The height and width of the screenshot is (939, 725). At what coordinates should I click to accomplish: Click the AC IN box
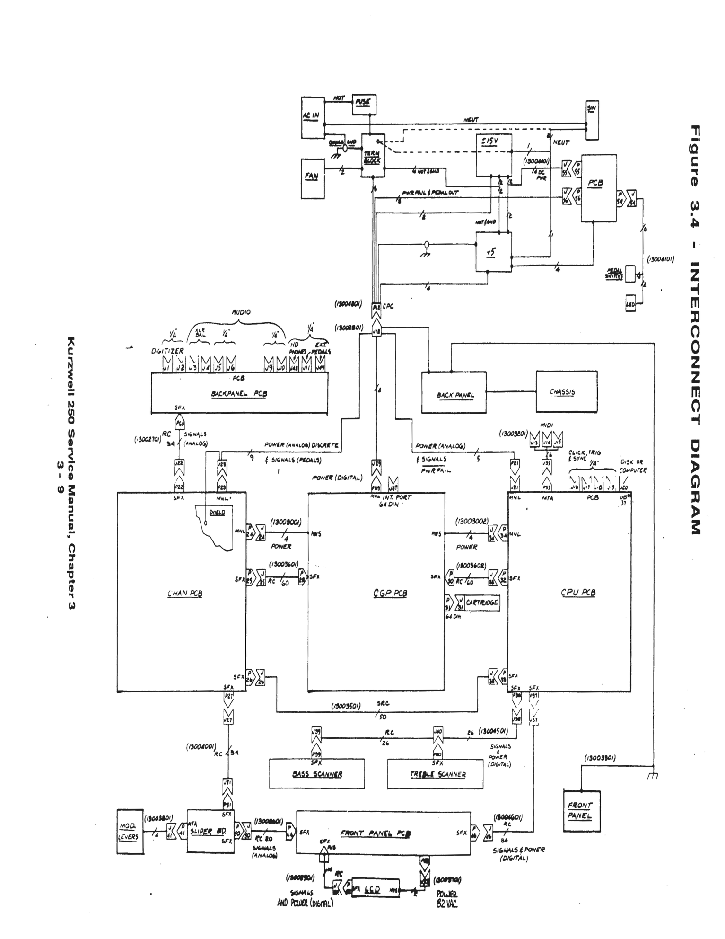click(313, 118)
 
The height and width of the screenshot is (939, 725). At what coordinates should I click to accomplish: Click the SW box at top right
click(592, 120)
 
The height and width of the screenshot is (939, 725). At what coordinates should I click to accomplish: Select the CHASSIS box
click(562, 391)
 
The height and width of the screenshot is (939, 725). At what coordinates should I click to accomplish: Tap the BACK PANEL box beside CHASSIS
click(454, 392)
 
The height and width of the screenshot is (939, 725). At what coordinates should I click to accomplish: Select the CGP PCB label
click(390, 593)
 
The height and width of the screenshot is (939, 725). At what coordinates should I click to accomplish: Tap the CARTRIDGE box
click(482, 602)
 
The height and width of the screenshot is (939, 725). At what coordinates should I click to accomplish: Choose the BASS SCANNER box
click(317, 774)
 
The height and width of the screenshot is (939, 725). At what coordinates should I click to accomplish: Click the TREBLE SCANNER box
click(435, 774)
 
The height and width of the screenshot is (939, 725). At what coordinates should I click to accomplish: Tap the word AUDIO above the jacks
click(241, 313)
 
